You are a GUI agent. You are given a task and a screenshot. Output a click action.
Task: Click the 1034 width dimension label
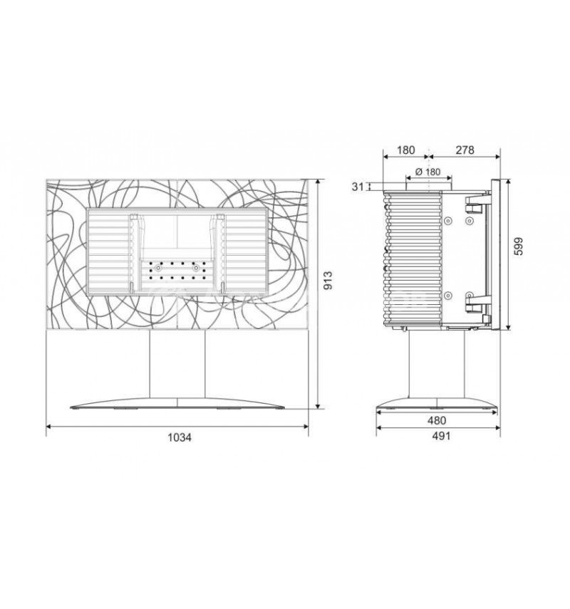(x=180, y=437)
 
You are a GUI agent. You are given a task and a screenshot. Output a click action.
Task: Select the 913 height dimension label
(x=328, y=281)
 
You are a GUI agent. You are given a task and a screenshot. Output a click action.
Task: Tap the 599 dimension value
(x=519, y=246)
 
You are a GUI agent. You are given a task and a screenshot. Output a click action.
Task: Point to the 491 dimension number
(x=441, y=436)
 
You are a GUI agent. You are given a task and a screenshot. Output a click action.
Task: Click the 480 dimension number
(x=437, y=420)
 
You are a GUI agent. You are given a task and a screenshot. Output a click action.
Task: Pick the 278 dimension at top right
(x=465, y=150)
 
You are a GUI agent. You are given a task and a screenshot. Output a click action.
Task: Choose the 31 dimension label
(x=358, y=187)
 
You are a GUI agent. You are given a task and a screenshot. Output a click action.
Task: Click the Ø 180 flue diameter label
(x=427, y=171)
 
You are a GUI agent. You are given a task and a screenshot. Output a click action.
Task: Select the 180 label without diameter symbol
(x=405, y=150)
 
